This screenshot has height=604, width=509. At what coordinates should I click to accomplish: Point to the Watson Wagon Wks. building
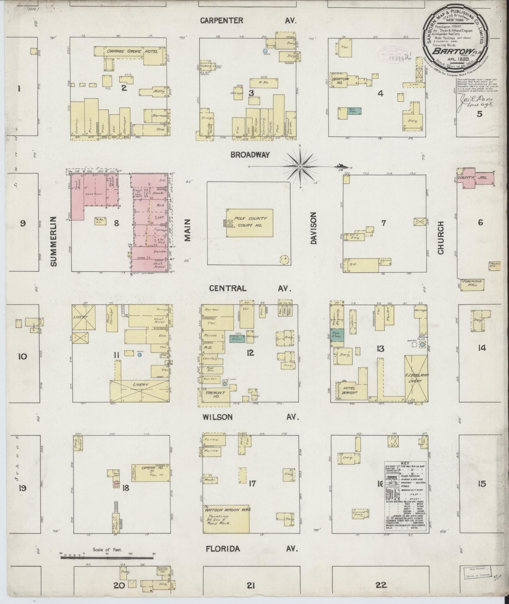click(226, 517)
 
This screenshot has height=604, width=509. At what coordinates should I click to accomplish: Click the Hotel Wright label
click(349, 390)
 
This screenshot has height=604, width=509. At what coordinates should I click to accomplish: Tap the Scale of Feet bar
click(107, 557)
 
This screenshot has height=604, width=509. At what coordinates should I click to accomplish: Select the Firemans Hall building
click(472, 283)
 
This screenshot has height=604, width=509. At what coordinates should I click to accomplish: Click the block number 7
click(384, 223)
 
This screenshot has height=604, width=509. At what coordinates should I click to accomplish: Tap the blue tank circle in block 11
click(140, 355)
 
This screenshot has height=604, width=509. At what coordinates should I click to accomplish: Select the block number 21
click(250, 585)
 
